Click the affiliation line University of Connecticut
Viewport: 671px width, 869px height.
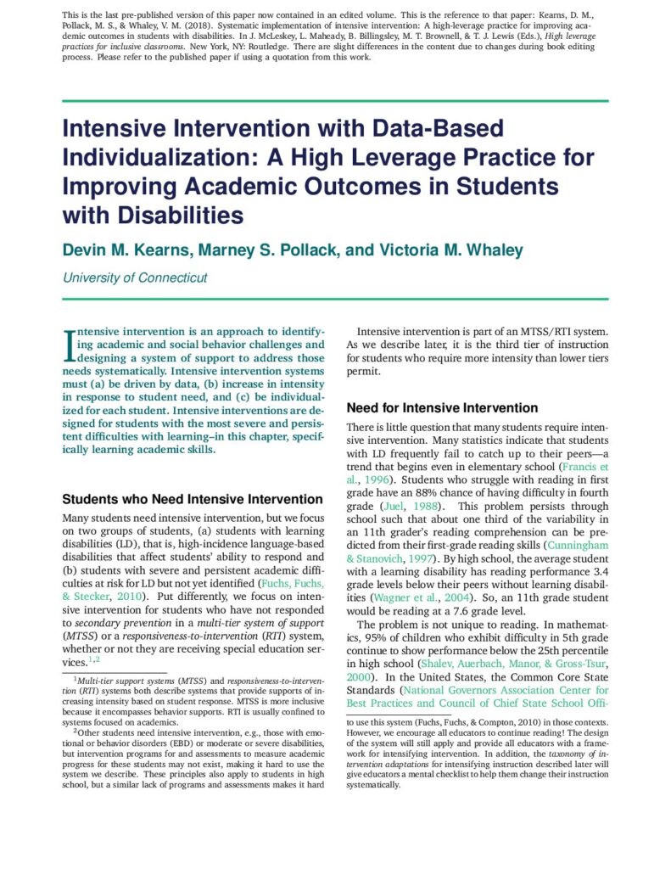[x=135, y=278]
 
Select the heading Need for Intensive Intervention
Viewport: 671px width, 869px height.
[x=442, y=408]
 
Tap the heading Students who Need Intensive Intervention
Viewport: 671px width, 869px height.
[x=193, y=499]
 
